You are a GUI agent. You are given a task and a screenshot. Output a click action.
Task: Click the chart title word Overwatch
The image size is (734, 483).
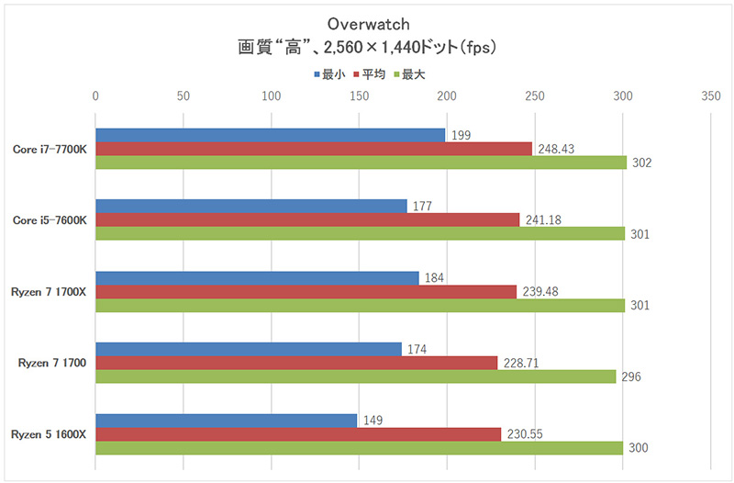click(367, 23)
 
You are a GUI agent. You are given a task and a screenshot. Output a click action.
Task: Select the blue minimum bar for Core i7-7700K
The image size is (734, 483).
click(270, 135)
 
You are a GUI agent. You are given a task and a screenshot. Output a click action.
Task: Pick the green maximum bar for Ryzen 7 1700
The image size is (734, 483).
click(355, 376)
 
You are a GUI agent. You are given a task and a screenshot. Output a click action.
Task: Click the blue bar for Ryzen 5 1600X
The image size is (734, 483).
click(226, 421)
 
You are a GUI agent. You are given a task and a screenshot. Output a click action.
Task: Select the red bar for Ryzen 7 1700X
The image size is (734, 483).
click(306, 292)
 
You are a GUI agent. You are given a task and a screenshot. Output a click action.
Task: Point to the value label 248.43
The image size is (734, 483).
click(559, 149)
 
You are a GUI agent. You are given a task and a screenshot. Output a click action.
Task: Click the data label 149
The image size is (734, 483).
click(373, 421)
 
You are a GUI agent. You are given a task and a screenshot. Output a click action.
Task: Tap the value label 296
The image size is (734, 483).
click(631, 376)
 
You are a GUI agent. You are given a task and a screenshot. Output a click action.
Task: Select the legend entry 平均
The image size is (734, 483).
click(370, 73)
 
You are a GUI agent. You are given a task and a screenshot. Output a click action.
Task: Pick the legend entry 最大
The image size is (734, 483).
click(409, 73)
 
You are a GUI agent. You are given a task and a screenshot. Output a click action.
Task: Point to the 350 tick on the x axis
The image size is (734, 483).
click(709, 95)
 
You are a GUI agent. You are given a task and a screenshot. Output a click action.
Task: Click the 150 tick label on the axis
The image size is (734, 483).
click(359, 95)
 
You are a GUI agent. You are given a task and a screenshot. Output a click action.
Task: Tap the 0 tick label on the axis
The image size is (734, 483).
click(95, 95)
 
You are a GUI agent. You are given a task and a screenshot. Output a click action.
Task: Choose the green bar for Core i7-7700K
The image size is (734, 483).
click(361, 163)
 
